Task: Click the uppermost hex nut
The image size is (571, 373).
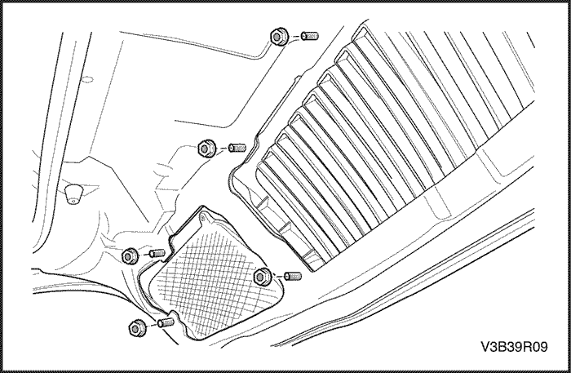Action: click(279, 37)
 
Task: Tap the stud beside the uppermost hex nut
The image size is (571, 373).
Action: click(310, 36)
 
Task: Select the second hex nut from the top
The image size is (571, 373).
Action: click(206, 149)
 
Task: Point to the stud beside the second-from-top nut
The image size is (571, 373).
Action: click(237, 148)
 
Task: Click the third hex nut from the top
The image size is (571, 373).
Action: click(130, 255)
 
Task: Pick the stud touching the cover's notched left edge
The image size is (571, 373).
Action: click(157, 253)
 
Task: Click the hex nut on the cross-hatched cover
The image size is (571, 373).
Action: click(262, 277)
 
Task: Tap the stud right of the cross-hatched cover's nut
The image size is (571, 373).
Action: click(292, 276)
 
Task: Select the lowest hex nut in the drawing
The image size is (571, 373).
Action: click(138, 328)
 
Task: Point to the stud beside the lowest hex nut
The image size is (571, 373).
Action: click(166, 322)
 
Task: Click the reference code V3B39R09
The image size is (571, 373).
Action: click(514, 347)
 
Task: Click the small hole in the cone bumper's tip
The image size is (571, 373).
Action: click(74, 201)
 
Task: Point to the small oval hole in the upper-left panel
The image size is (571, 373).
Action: click(87, 79)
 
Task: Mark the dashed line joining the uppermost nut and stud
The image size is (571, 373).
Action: click(295, 37)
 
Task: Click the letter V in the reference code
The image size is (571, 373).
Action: click(486, 347)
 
